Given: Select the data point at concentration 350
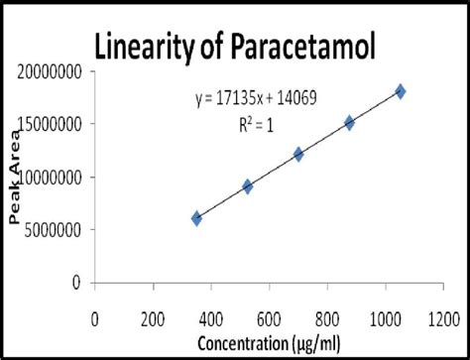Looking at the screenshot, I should point(196,218).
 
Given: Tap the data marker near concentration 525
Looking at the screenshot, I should point(248,186).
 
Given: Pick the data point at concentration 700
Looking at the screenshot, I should point(298,155).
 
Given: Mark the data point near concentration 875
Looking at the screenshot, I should point(349,123).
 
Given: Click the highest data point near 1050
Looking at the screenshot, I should point(401,91).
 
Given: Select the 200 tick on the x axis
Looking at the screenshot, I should point(153,319).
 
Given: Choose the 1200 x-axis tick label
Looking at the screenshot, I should point(443,319).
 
